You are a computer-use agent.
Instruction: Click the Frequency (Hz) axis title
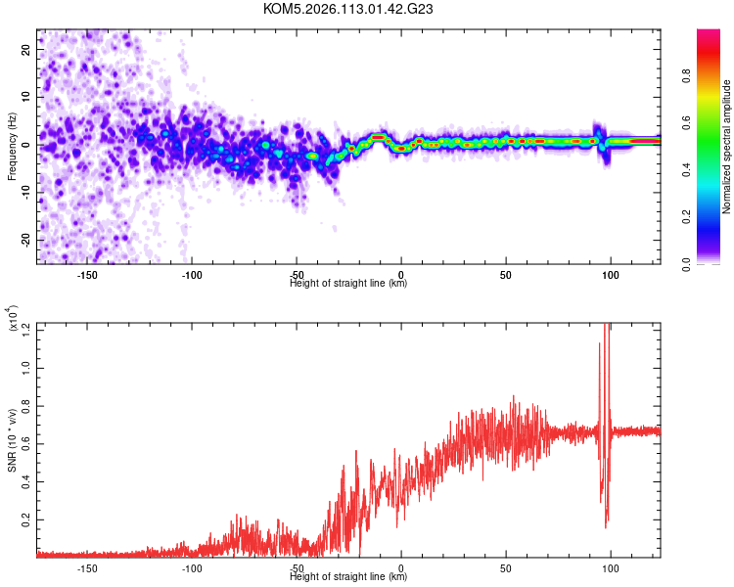coord(12,146)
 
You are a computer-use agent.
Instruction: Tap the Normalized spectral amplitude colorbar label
coord(727,147)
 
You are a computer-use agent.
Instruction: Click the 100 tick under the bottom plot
coord(611,567)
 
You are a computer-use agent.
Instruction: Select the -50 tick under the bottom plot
coord(297,567)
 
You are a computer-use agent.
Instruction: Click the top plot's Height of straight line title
coord(348,284)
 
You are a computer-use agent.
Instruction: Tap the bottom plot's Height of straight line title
coord(348,577)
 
